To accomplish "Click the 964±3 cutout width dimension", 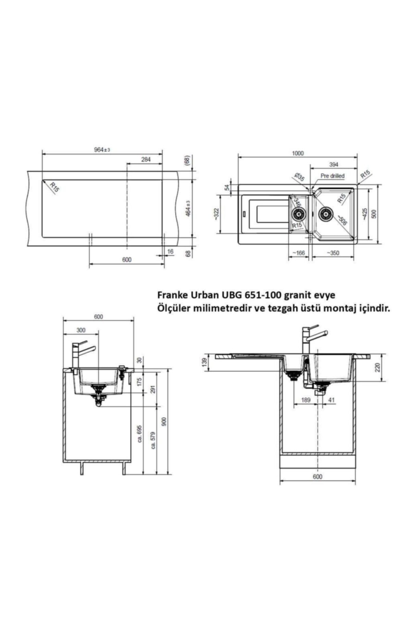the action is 102,150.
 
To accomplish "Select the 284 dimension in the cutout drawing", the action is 146,159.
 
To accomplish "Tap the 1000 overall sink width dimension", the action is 298,153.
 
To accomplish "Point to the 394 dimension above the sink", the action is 334,165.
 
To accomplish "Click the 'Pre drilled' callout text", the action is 333,176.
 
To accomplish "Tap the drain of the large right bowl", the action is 325,214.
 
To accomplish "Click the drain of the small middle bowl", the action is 298,215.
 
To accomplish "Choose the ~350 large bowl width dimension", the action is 333,253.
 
